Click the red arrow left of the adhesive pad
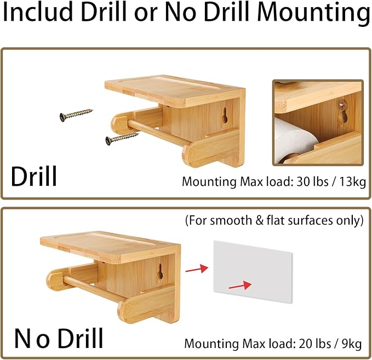coord(197,268)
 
